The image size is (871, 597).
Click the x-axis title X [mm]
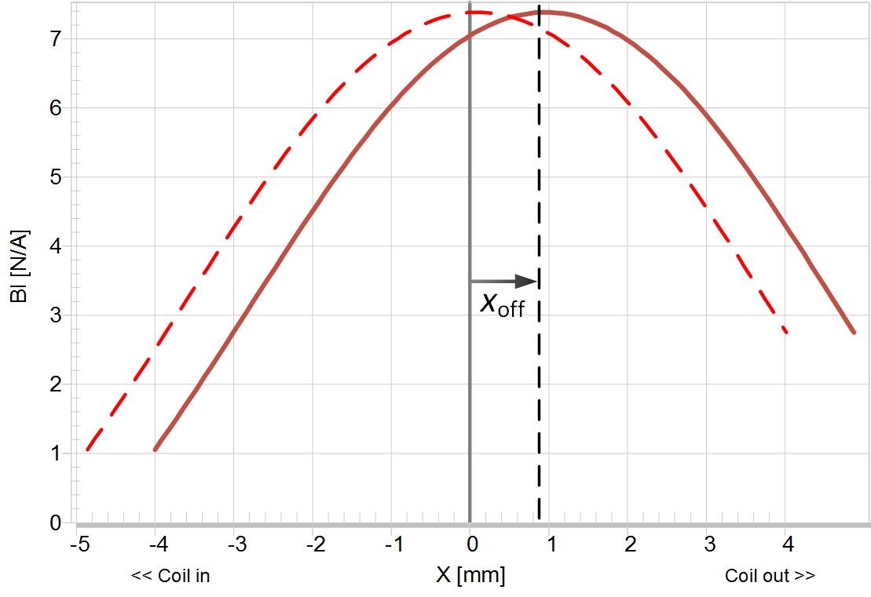click(x=470, y=575)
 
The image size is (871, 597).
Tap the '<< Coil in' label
click(x=170, y=576)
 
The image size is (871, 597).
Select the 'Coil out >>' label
click(x=770, y=576)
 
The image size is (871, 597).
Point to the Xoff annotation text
click(x=502, y=304)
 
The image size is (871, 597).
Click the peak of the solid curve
click(x=546, y=12)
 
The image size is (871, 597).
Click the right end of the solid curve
click(x=854, y=332)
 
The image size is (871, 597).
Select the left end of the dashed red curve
click(x=87, y=450)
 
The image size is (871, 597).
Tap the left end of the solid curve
click(x=156, y=450)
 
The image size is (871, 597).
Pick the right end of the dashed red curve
click(x=785, y=332)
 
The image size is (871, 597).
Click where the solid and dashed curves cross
click(x=511, y=16)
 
